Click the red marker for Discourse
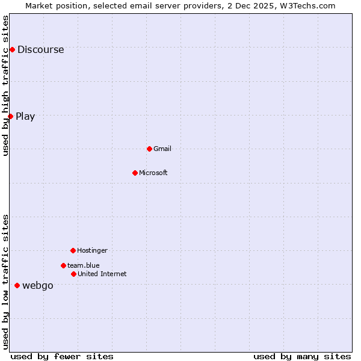point(12,49)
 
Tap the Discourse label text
point(40,50)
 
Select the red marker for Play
point(10,116)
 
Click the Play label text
point(25,117)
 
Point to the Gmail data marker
point(149,149)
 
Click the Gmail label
point(162,149)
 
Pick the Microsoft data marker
point(135,173)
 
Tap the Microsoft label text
point(153,173)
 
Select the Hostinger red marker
point(73,250)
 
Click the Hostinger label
point(92,251)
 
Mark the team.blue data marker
point(63,265)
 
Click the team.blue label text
point(84,266)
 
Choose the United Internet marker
point(73,274)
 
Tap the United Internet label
point(102,274)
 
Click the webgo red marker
point(17,285)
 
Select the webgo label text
point(37,286)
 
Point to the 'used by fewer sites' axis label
point(62,357)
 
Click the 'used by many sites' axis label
point(302,357)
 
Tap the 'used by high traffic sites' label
point(6,85)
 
